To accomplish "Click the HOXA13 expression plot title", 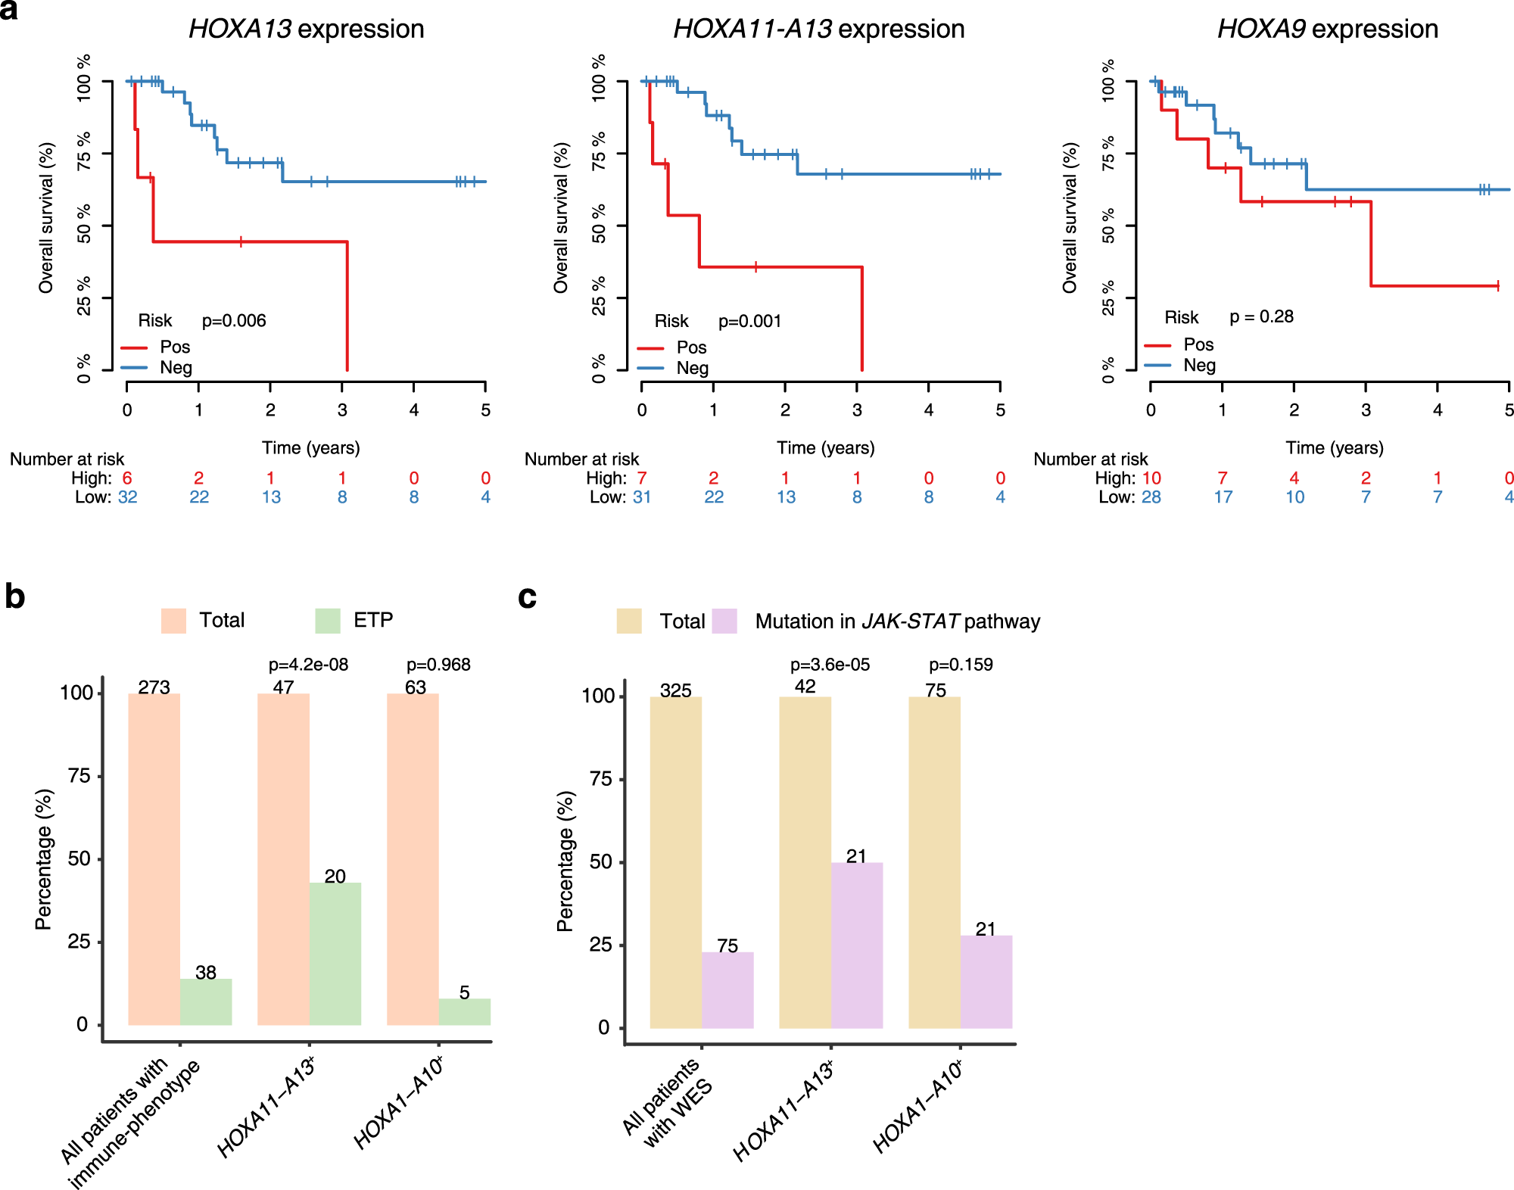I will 306,29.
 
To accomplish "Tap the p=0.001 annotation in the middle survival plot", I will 749,321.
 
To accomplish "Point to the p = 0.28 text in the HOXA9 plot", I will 1261,316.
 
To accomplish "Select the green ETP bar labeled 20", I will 335,953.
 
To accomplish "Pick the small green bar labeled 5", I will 464,1012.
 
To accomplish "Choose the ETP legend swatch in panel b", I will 328,621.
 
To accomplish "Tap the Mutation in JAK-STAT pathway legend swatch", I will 724,621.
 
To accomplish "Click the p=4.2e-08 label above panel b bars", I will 308,665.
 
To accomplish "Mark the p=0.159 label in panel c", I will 961,665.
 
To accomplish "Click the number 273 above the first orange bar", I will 154,687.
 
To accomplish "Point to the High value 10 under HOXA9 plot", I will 1151,478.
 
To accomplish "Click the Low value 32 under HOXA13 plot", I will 127,497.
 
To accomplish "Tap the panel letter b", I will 14,597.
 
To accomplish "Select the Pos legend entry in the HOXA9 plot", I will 1198,344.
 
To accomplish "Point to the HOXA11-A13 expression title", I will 818,29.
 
